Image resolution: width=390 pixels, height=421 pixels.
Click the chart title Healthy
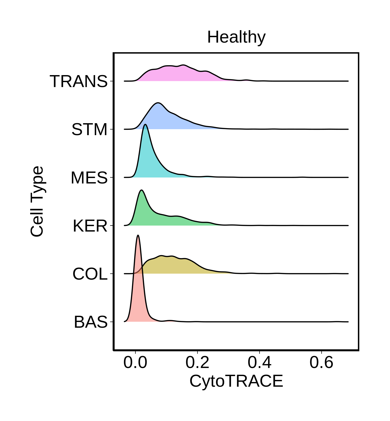236,37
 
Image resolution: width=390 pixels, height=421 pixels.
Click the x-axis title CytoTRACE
236,381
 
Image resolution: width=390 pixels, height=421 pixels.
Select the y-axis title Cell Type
37,201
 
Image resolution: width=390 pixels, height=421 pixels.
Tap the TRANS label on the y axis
79,81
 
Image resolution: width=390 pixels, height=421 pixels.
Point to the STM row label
89,129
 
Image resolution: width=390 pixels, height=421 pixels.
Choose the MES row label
89,178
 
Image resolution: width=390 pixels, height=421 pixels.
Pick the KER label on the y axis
90,226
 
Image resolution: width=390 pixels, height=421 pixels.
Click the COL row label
90,274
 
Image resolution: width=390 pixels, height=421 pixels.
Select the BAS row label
91,322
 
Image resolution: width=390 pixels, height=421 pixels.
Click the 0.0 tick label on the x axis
135,362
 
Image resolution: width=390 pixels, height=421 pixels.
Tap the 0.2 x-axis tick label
197,362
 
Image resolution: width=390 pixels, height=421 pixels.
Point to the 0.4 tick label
259,362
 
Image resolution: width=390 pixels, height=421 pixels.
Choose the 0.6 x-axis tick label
321,362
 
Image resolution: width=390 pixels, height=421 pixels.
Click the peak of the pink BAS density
138,235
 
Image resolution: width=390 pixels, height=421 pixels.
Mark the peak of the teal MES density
145,124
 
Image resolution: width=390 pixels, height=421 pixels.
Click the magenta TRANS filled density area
179,74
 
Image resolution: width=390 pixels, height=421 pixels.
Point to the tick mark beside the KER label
112,226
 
